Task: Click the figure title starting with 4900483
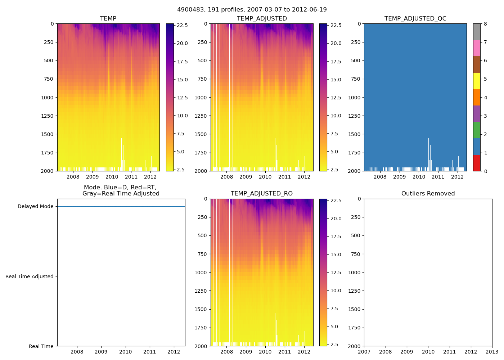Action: [x=252, y=10]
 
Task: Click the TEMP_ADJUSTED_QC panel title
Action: [x=415, y=19]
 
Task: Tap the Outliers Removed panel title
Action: [x=428, y=194]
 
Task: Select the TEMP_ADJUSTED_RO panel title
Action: [x=261, y=194]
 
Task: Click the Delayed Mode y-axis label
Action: [x=35, y=207]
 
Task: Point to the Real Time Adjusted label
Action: [x=30, y=276]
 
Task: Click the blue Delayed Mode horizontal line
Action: [x=121, y=207]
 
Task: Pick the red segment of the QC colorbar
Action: [x=477, y=163]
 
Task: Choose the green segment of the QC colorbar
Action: [x=477, y=130]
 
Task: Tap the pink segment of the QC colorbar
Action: [x=477, y=48]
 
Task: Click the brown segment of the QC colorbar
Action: [x=477, y=64]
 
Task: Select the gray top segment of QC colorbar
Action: [x=477, y=32]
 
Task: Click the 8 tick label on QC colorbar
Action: [x=485, y=24]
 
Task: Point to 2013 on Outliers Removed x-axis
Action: [x=492, y=352]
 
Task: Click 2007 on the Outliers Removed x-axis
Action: [x=364, y=352]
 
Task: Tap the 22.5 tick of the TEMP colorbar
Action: [x=182, y=26]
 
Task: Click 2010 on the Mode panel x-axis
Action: [x=125, y=352]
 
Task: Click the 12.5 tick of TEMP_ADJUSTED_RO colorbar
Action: [x=336, y=273]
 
